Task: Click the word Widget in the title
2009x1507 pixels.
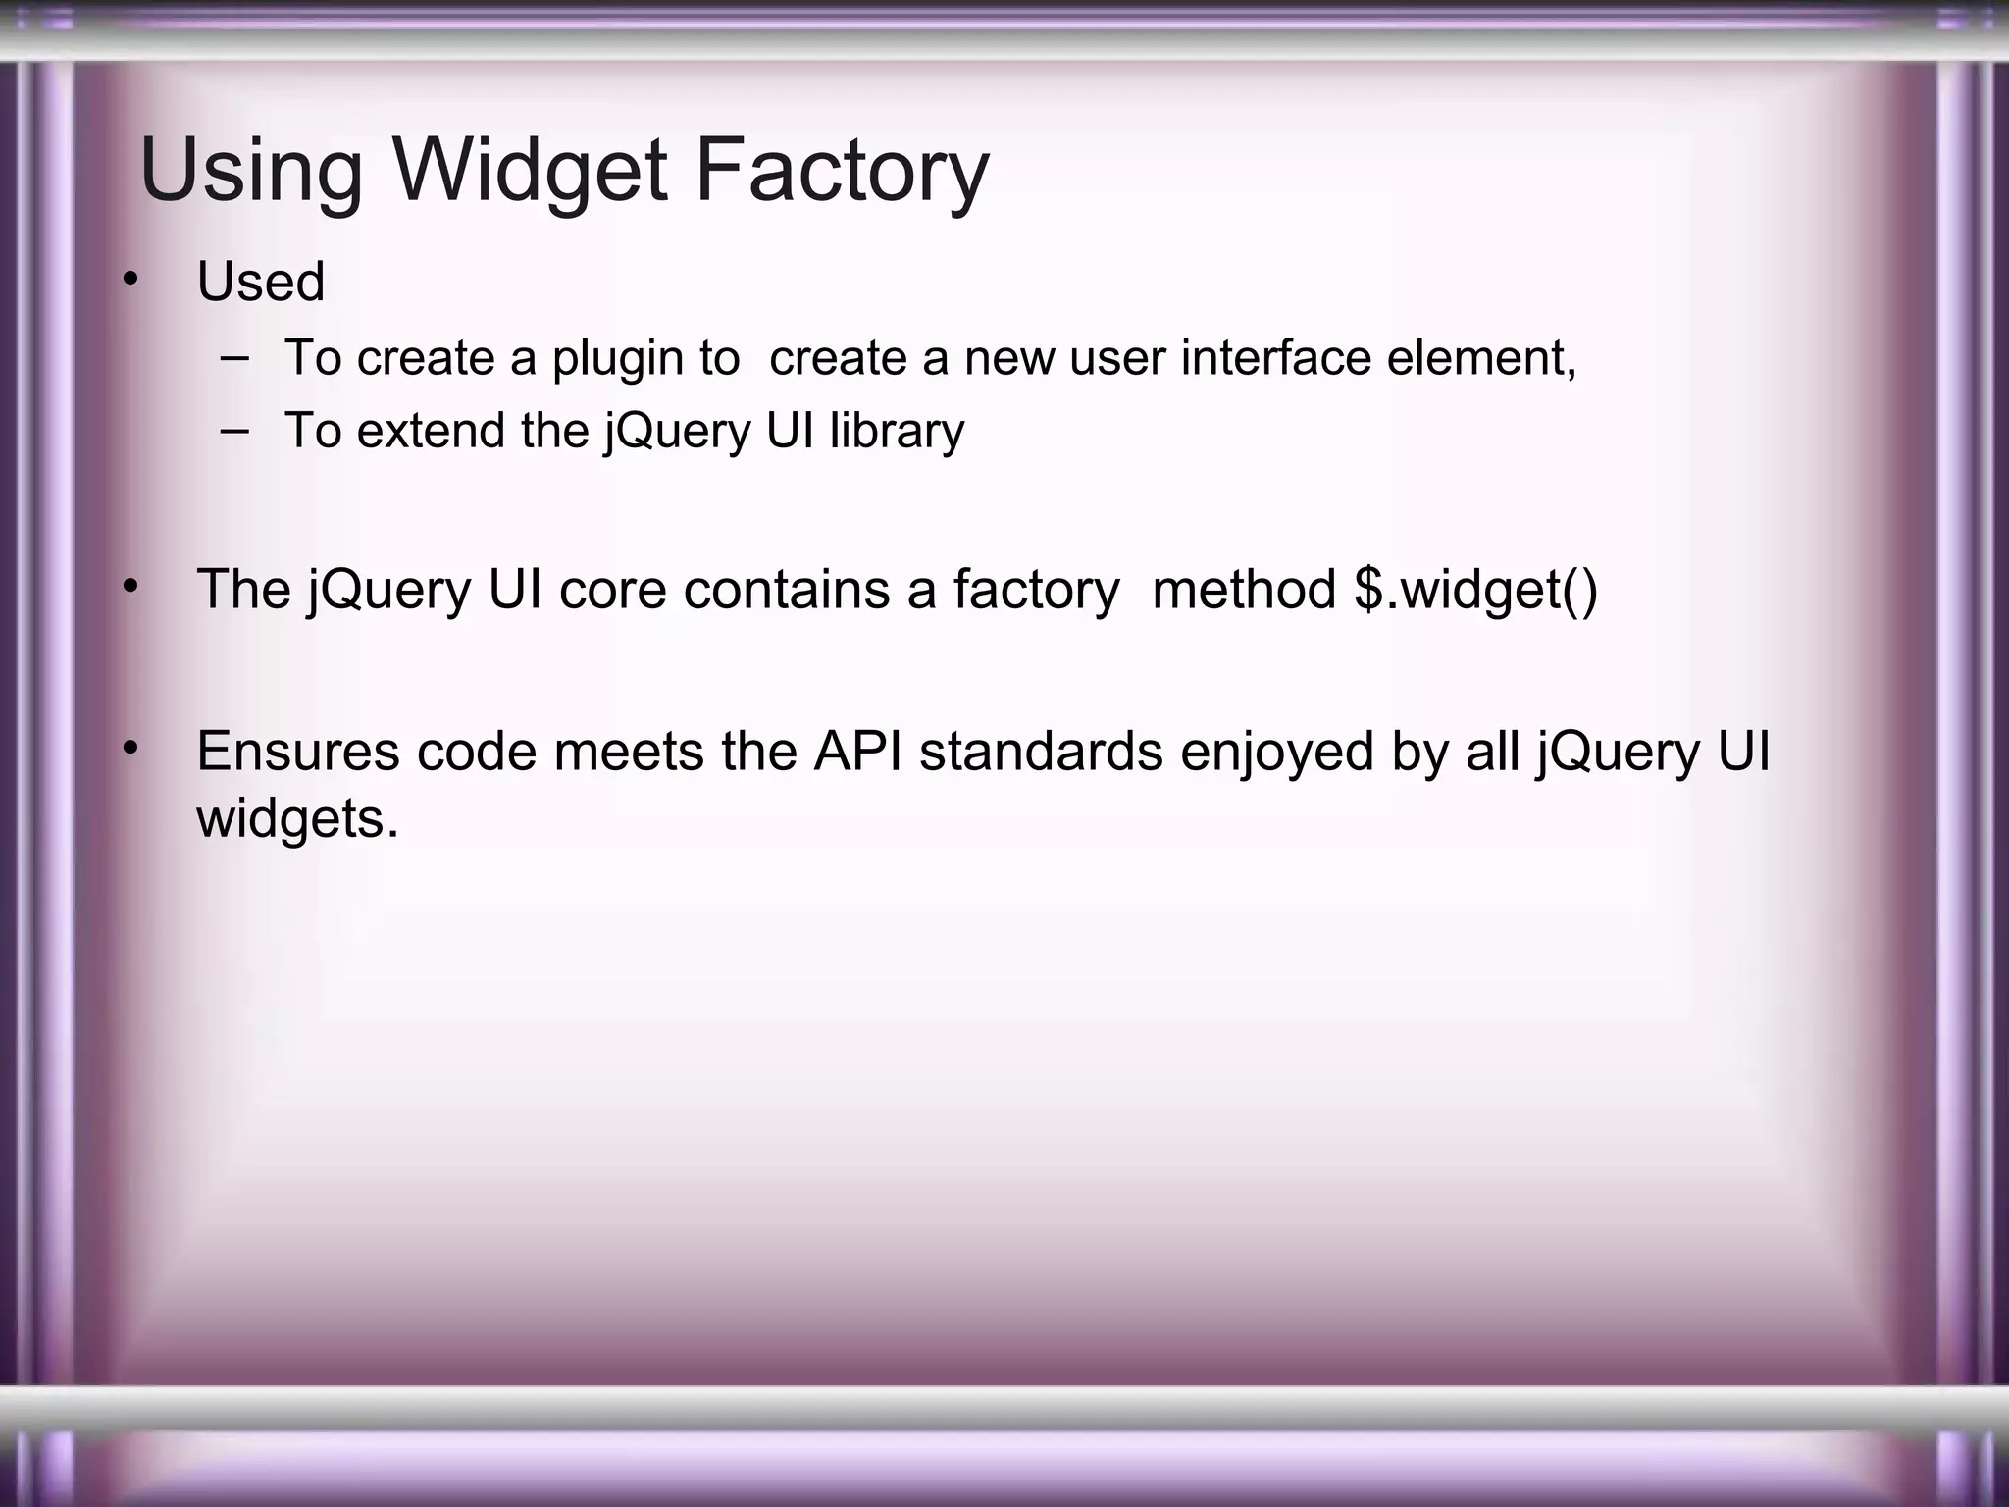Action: tap(530, 170)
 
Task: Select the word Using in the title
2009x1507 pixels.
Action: tap(251, 170)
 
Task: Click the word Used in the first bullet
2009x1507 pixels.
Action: tap(260, 283)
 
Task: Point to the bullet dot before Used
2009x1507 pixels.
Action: tap(130, 281)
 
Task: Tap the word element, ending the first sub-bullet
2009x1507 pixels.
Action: tap(1481, 357)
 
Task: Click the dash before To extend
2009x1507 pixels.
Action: tap(234, 430)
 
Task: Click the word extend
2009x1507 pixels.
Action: tap(432, 431)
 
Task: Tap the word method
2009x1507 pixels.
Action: tap(1243, 590)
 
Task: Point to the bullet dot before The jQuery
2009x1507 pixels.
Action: tap(130, 587)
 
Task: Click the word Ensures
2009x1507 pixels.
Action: tap(298, 752)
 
